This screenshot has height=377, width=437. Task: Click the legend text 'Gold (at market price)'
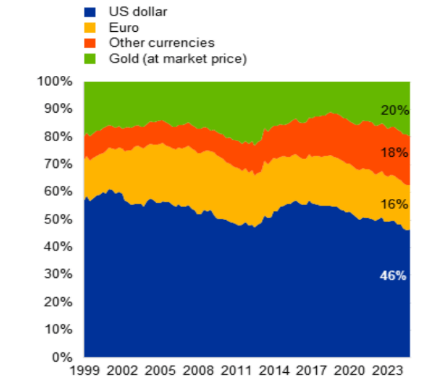point(178,59)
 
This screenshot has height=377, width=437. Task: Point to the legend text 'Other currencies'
point(161,43)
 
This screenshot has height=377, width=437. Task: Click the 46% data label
point(393,276)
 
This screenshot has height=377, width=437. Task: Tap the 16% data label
point(394,205)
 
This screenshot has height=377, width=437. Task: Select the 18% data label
point(394,153)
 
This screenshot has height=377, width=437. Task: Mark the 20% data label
point(394,110)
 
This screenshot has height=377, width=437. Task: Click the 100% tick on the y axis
point(55,81)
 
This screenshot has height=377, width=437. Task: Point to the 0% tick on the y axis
point(62,357)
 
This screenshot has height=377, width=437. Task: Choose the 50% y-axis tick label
point(58,219)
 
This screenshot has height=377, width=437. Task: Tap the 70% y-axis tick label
point(58,164)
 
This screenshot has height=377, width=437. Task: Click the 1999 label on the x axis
point(85,369)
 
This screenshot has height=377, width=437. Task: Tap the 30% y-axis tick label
point(58,274)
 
